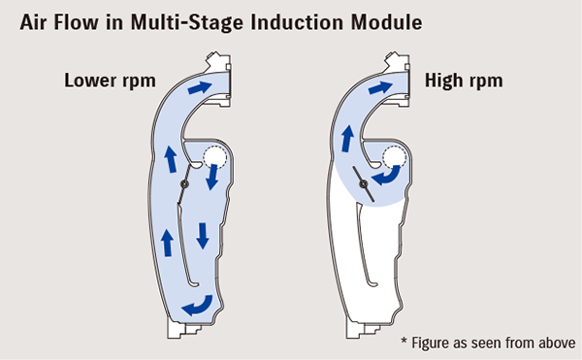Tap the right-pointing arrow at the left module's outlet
pyautogui.click(x=199, y=88)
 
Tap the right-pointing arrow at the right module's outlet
pyautogui.click(x=385, y=88)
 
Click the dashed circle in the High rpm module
pyautogui.click(x=395, y=157)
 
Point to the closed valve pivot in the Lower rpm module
pyautogui.click(x=185, y=185)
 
